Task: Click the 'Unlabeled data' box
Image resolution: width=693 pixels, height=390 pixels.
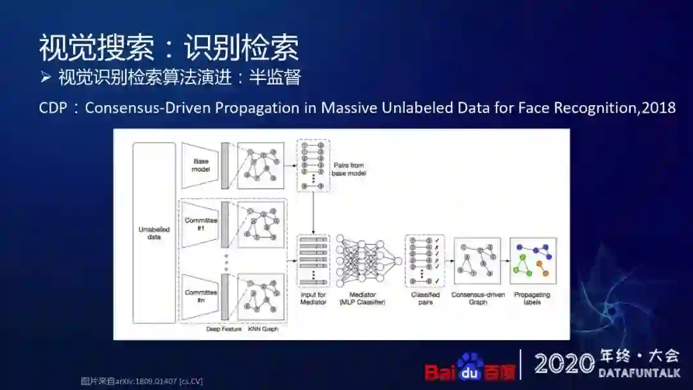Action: [x=154, y=233]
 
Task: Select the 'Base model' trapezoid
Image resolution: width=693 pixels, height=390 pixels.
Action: [x=201, y=165]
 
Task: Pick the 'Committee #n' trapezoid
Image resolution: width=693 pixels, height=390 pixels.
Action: [x=201, y=295]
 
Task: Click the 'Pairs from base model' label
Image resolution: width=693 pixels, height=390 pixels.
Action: [x=348, y=169]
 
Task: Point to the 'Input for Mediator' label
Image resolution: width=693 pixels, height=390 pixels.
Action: [x=313, y=298]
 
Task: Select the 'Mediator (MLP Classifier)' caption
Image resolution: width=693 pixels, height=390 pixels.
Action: [x=362, y=298]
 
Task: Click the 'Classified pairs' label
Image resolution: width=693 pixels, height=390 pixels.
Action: [x=425, y=298]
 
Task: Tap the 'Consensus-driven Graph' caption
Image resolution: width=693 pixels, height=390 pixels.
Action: [x=478, y=298]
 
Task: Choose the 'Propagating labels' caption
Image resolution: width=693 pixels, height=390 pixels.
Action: [x=533, y=298]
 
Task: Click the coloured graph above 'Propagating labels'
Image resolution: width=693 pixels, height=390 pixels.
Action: [x=533, y=260]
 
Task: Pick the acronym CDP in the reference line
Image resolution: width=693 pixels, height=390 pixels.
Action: [x=53, y=108]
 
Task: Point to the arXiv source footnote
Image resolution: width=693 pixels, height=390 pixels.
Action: [x=142, y=381]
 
